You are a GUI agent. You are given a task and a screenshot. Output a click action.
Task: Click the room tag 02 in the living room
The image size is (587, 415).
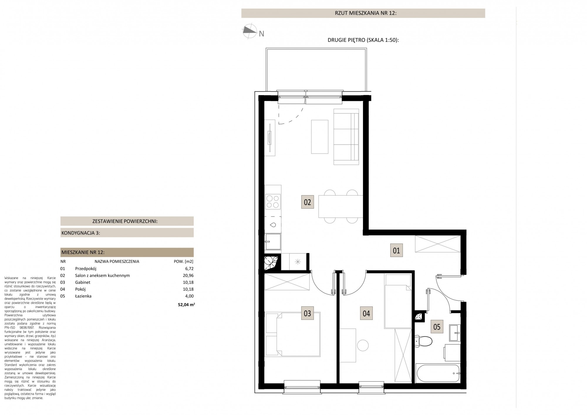pos(308,202)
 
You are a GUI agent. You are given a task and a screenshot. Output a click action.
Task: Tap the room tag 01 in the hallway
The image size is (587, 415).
pos(396,250)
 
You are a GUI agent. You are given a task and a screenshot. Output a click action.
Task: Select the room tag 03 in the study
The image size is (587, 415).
pos(307,313)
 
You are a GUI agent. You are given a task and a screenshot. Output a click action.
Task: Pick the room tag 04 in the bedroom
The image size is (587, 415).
pos(366,313)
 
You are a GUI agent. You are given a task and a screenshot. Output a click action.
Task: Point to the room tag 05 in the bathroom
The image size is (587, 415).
pos(437,327)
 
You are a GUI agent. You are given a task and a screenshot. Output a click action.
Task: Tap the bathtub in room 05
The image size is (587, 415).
pos(438,373)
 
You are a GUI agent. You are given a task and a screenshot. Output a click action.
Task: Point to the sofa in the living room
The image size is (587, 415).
pos(346,137)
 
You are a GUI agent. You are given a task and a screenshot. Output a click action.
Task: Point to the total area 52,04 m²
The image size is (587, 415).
pos(186,305)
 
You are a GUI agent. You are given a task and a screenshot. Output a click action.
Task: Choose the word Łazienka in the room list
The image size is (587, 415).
pos(83,296)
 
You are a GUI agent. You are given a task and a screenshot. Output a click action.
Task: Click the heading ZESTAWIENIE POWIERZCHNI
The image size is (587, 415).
pos(125,221)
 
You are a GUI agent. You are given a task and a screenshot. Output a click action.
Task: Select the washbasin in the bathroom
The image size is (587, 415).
pos(455,333)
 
